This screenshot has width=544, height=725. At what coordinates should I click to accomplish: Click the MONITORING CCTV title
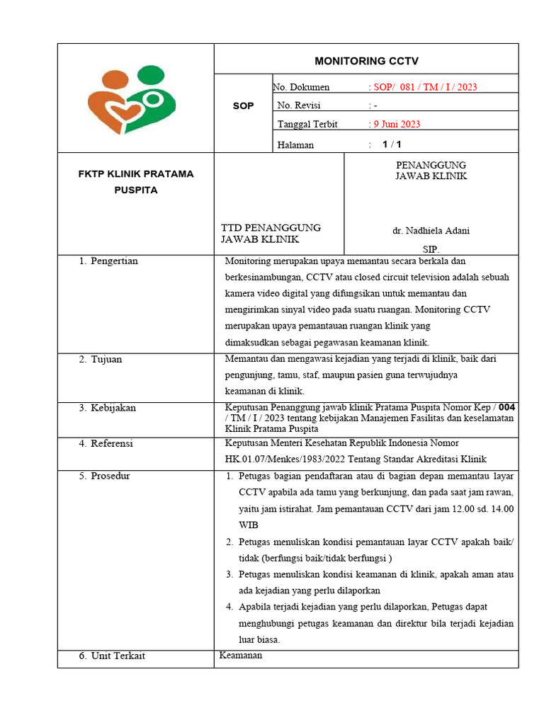(366, 60)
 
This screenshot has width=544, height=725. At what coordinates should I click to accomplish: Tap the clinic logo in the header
(136, 99)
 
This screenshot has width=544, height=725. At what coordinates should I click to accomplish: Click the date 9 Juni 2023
(397, 124)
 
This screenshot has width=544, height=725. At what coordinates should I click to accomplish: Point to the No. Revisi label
(299, 105)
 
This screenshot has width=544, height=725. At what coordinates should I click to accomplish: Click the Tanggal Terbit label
(307, 124)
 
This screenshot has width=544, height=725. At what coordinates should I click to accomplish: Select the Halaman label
(295, 144)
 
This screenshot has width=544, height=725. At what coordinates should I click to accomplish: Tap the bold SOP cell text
(243, 105)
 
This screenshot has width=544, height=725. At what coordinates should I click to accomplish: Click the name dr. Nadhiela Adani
(431, 231)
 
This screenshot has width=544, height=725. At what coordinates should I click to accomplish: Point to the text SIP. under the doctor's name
(431, 249)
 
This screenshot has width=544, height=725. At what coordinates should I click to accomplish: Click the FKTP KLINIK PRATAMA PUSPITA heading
(135, 182)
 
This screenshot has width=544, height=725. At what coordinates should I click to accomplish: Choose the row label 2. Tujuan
(101, 360)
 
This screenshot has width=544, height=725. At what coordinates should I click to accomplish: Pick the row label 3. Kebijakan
(108, 408)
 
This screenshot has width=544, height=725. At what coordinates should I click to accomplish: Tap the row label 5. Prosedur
(105, 476)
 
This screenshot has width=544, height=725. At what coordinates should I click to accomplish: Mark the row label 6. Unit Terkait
(112, 656)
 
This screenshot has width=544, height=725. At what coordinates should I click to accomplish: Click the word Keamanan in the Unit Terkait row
(241, 656)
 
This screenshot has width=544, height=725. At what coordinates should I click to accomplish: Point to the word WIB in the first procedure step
(249, 525)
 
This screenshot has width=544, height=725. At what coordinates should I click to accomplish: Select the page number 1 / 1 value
(392, 144)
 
